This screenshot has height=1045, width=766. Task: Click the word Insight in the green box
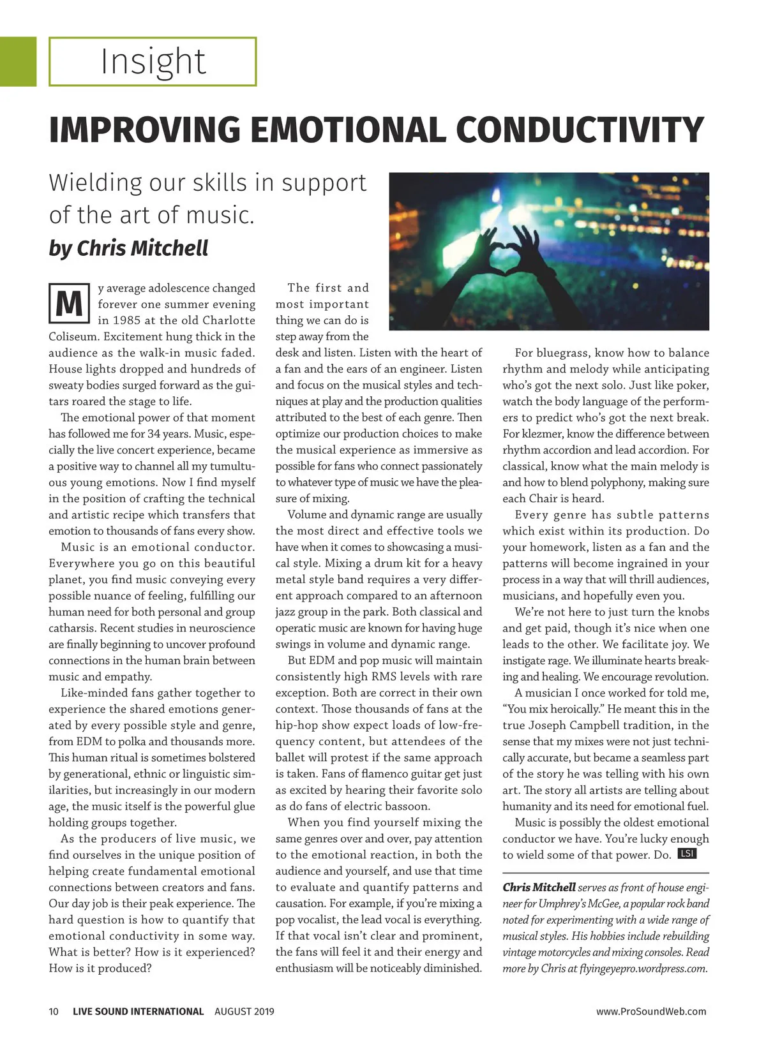153,62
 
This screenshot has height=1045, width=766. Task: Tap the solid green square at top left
18,61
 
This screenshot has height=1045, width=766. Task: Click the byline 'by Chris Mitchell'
128,248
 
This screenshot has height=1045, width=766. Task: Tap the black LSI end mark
686,854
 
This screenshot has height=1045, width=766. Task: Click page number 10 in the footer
54,1011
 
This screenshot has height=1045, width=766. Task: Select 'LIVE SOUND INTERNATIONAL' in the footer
138,1011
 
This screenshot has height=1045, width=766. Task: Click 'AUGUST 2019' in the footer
244,1011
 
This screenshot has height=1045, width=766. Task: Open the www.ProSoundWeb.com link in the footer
651,1011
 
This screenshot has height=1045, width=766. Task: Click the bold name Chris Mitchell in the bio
539,887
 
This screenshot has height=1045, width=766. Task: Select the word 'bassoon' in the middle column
405,806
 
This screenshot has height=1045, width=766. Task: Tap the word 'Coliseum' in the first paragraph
73,337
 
